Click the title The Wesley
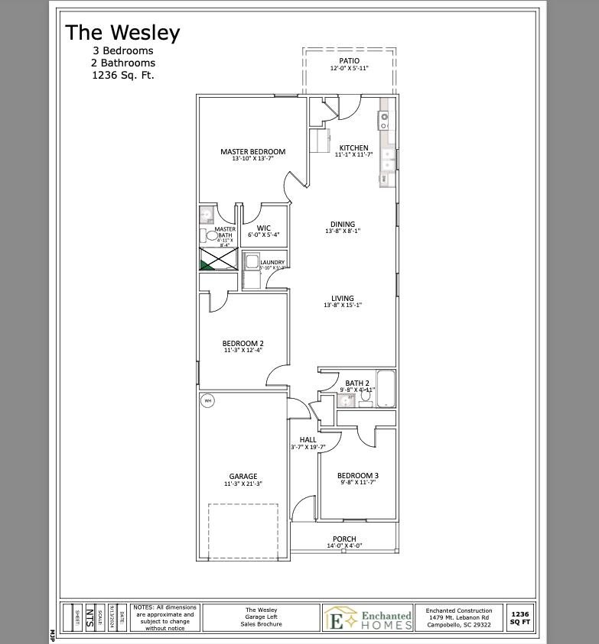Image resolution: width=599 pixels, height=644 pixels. [x=122, y=33]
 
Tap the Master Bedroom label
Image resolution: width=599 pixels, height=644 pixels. [x=252, y=152]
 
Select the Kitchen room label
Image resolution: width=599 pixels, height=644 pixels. [x=353, y=148]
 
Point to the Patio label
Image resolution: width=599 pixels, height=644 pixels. [x=349, y=61]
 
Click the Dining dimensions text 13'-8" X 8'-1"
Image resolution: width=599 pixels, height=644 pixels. [x=342, y=231]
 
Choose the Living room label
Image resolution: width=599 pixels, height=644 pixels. [x=342, y=299]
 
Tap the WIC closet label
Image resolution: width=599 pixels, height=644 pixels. [x=264, y=228]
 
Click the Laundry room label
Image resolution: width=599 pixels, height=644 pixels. [x=272, y=263]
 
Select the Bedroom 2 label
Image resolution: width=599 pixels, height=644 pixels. [x=243, y=344]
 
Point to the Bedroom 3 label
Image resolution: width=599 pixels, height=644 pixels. [x=358, y=475]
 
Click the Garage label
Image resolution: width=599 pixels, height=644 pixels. [x=243, y=477]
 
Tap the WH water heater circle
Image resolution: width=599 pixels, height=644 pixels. [x=207, y=400]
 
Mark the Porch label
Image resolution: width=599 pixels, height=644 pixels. [x=344, y=539]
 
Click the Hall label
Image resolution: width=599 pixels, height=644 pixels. [x=308, y=440]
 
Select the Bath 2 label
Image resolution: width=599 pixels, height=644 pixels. [x=357, y=383]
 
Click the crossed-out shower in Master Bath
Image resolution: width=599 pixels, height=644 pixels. [x=218, y=259]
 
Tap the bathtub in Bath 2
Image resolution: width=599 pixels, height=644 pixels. [x=386, y=389]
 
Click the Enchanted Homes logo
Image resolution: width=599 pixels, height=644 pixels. [x=369, y=618]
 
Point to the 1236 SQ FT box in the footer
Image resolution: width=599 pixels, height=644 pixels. [x=519, y=618]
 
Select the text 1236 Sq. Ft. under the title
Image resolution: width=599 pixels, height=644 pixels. [x=122, y=76]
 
